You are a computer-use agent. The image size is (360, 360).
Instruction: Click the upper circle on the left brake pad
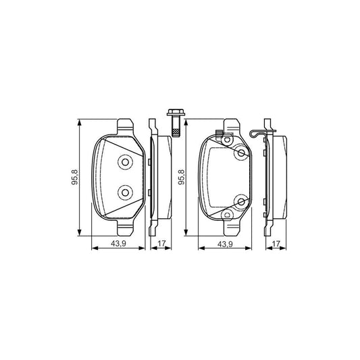pos(124,163)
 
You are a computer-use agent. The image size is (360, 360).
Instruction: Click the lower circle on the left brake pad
pos(124,193)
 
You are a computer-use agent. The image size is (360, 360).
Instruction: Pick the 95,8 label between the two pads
pos(181,178)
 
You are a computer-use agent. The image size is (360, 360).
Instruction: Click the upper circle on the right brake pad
pos(240,154)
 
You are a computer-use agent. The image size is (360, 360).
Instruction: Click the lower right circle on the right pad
pos(240,201)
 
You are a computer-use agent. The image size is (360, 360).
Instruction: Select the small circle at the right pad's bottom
pos(228,215)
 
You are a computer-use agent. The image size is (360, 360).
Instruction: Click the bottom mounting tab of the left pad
pos(124,228)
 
